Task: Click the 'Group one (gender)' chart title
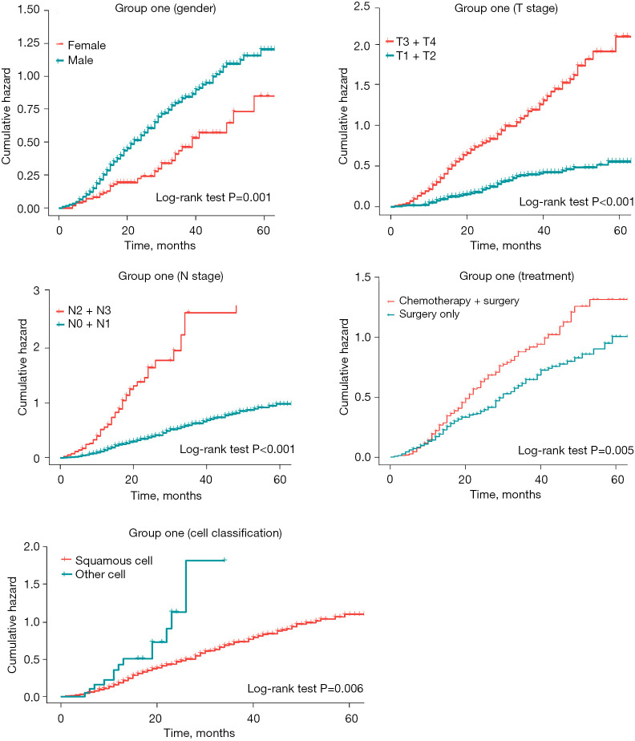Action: pyautogui.click(x=165, y=9)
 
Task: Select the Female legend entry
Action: pyautogui.click(x=81, y=46)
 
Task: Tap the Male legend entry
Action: pyautogui.click(x=75, y=60)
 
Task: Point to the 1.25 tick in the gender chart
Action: pyautogui.click(x=29, y=43)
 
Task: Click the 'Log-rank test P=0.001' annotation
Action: pyautogui.click(x=213, y=197)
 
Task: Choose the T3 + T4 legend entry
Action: pyautogui.click(x=411, y=42)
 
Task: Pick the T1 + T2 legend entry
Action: pyautogui.click(x=411, y=56)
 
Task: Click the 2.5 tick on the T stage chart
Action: pyautogui.click(x=362, y=6)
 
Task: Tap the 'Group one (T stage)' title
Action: pyautogui.click(x=506, y=9)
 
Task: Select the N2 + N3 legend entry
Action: pyautogui.click(x=83, y=310)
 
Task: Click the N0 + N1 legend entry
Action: pyautogui.click(x=83, y=324)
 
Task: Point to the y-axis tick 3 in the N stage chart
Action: pyautogui.click(x=36, y=290)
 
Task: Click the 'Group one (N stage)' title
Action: pyautogui.click(x=171, y=276)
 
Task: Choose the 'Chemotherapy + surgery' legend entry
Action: pyautogui.click(x=453, y=301)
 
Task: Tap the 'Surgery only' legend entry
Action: pyautogui.click(x=423, y=314)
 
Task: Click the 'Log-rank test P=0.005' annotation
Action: pyautogui.click(x=576, y=451)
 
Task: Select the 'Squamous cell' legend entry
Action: pyautogui.click(x=107, y=561)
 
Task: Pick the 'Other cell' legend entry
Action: pyautogui.click(x=94, y=574)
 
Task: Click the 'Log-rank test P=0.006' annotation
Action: pyautogui.click(x=305, y=689)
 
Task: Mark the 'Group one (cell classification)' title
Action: pyautogui.click(x=205, y=533)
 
